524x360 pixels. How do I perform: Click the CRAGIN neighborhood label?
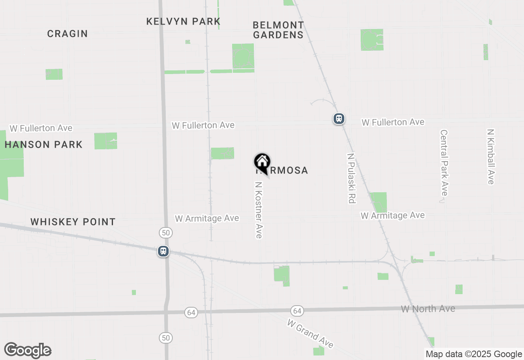click(x=68, y=34)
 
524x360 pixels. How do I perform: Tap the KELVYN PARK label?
click(x=183, y=21)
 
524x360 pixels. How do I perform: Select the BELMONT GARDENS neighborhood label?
click(x=278, y=30)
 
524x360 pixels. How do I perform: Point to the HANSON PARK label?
click(x=44, y=144)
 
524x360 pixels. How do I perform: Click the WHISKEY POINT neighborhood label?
click(x=73, y=222)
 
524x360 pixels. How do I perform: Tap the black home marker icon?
click(x=262, y=162)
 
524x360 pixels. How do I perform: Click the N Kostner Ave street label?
click(x=259, y=210)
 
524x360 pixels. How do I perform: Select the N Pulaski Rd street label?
click(x=351, y=178)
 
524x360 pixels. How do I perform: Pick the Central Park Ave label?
click(x=444, y=163)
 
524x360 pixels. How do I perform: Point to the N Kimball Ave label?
click(x=491, y=157)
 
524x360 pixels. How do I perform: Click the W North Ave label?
click(x=428, y=308)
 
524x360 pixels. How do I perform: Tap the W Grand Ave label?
click(x=310, y=333)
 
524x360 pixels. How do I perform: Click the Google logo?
click(x=28, y=351)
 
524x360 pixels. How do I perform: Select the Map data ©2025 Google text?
click(x=474, y=354)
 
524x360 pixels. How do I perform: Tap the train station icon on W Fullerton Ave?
click(x=339, y=119)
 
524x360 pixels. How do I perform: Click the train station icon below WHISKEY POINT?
click(x=163, y=251)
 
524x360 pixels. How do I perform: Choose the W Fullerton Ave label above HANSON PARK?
click(x=41, y=128)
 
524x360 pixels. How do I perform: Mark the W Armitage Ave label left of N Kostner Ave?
click(x=207, y=218)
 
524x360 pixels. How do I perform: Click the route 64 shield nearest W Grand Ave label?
click(x=297, y=311)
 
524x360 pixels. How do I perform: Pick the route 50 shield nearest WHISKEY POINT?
click(x=166, y=233)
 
